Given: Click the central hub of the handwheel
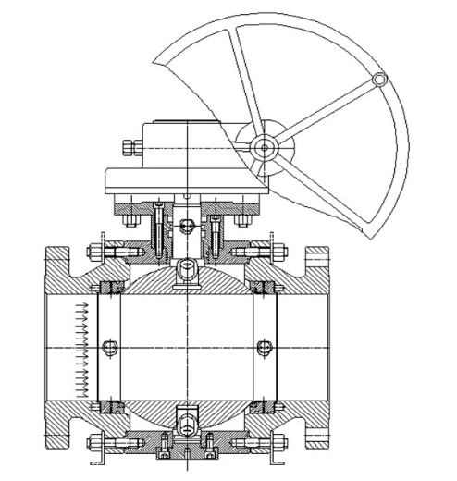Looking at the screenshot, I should [266, 145].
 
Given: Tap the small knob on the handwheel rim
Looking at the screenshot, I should [379, 80].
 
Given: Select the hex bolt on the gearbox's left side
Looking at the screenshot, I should [129, 147].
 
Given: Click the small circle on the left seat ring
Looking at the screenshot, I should [112, 348].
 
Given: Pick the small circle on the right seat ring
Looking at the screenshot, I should [264, 348].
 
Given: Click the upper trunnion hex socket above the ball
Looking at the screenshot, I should [188, 271].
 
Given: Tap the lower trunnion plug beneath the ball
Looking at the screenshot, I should [188, 424].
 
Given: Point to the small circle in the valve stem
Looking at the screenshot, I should [188, 223].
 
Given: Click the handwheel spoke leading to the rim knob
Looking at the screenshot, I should [324, 112].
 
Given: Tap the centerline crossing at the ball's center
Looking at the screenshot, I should [188, 348].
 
